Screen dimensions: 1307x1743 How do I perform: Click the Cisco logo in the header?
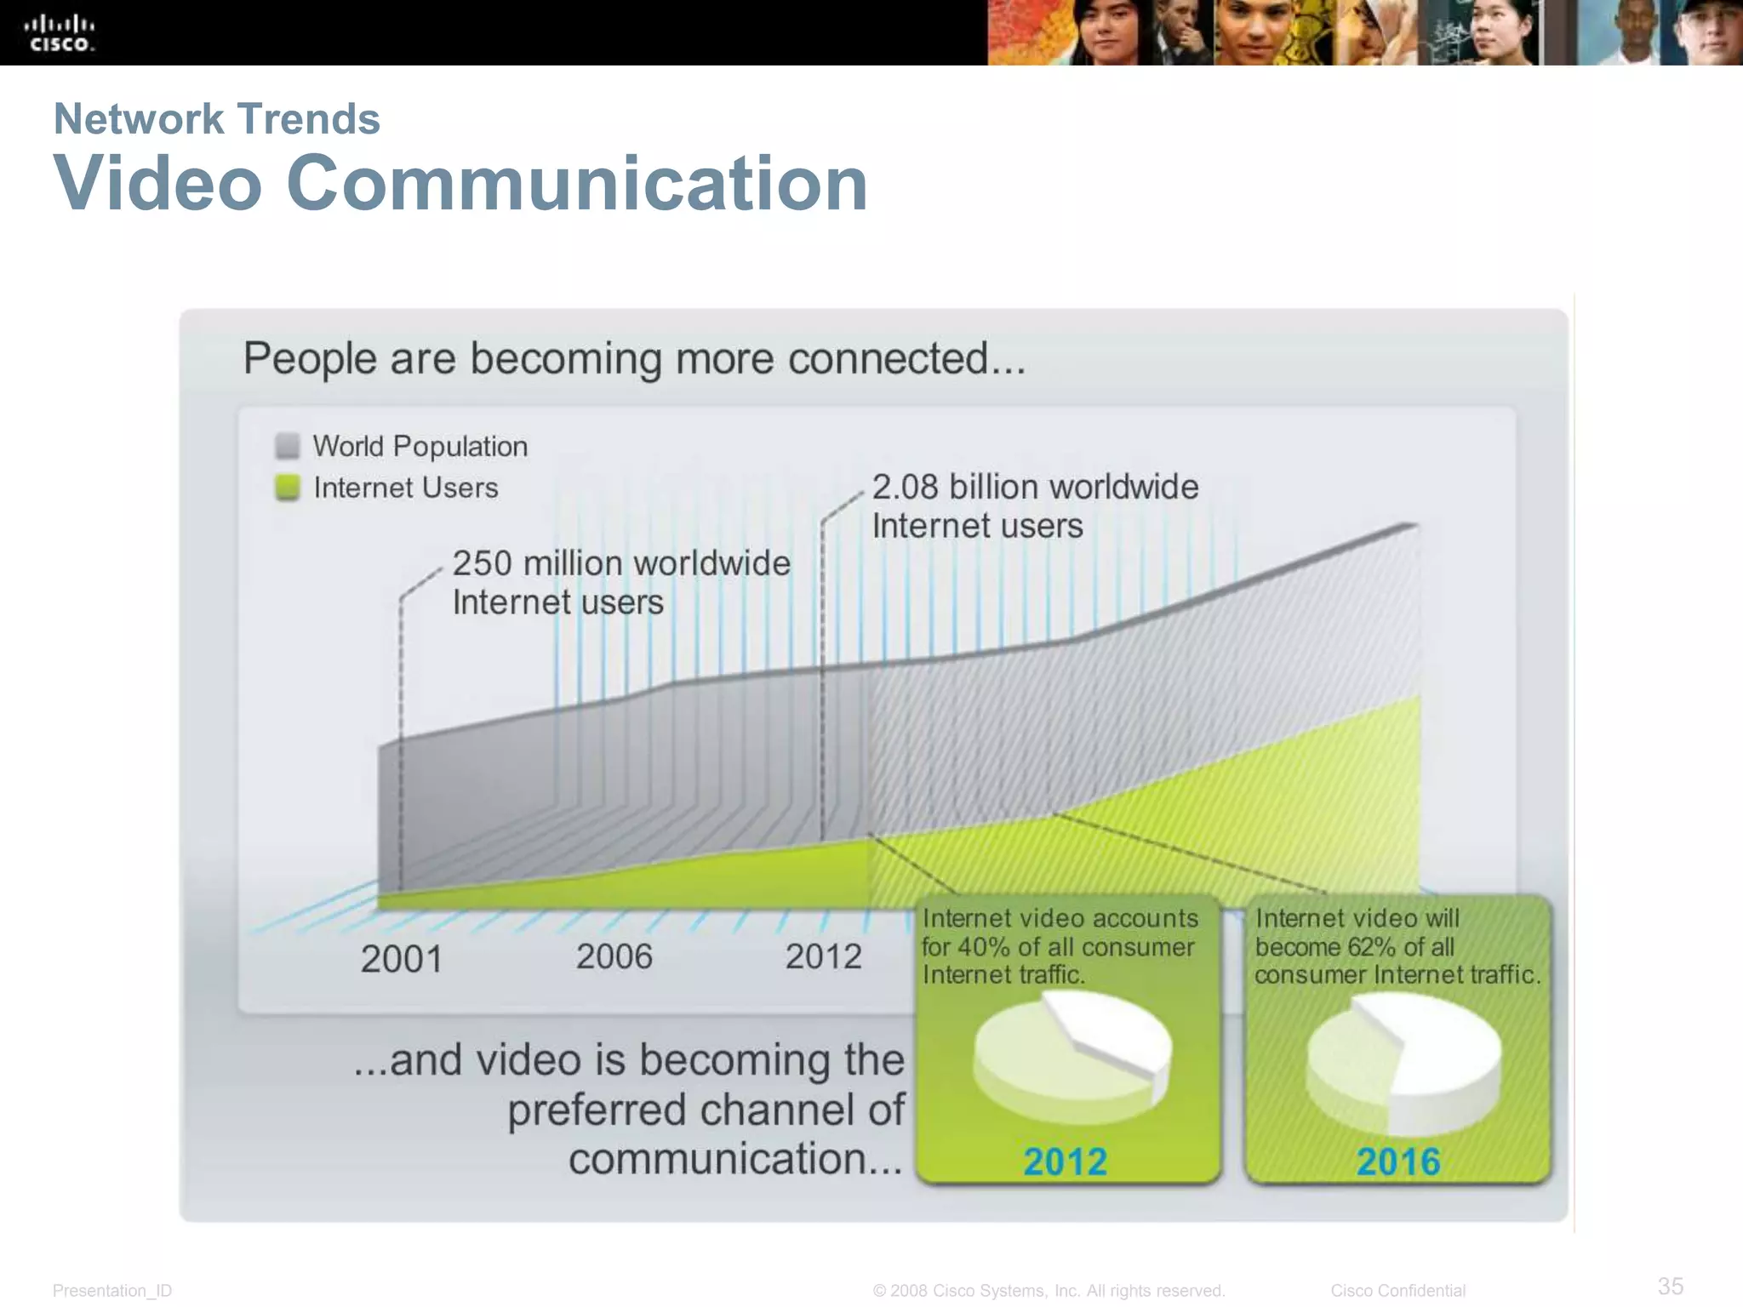tap(60, 32)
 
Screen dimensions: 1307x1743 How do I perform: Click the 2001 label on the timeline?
tap(402, 959)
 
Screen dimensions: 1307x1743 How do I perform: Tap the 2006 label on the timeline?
tap(614, 956)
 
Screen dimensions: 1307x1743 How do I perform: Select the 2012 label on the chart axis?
tap(823, 956)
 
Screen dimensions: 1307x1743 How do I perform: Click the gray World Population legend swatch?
tap(288, 446)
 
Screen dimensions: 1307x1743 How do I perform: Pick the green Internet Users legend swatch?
tap(288, 488)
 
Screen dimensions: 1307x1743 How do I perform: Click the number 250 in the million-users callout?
tap(482, 563)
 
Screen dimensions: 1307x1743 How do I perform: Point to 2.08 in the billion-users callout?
tap(905, 487)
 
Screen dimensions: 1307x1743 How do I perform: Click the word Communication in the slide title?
tap(577, 183)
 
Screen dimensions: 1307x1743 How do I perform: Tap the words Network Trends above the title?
tap(216, 118)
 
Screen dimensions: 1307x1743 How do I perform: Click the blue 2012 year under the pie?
tap(1065, 1161)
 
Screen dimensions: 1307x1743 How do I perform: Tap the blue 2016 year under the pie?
tap(1398, 1161)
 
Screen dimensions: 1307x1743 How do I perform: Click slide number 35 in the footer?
tap(1670, 1286)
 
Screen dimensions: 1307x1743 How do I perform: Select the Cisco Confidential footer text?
tap(1397, 1291)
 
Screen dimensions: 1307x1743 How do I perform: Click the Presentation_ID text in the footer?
tap(112, 1291)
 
